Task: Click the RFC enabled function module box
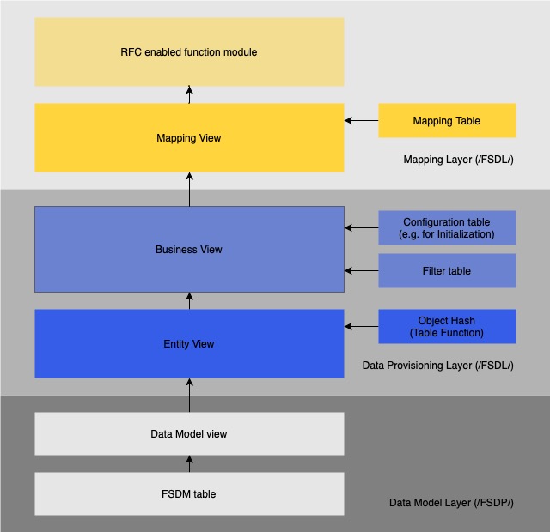pyautogui.click(x=189, y=52)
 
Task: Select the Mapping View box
pyautogui.click(x=189, y=138)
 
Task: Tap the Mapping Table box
pyautogui.click(x=447, y=121)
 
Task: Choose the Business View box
pyautogui.click(x=189, y=250)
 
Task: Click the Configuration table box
pyautogui.click(x=447, y=228)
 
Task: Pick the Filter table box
pyautogui.click(x=447, y=271)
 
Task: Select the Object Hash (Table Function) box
pyautogui.click(x=447, y=327)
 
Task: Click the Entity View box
pyautogui.click(x=189, y=344)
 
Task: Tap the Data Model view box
pyautogui.click(x=189, y=434)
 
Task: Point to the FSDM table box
pyautogui.click(x=189, y=494)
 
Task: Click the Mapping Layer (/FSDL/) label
pyautogui.click(x=458, y=160)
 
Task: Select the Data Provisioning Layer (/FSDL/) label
pyautogui.click(x=437, y=366)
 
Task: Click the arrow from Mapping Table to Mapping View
pyautogui.click(x=361, y=121)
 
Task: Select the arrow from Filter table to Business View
pyautogui.click(x=361, y=271)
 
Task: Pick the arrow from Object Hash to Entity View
pyautogui.click(x=361, y=327)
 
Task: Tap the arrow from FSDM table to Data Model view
pyautogui.click(x=189, y=464)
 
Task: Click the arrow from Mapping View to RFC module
pyautogui.click(x=189, y=95)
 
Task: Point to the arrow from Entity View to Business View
pyautogui.click(x=189, y=301)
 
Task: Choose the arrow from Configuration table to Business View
pyautogui.click(x=361, y=228)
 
